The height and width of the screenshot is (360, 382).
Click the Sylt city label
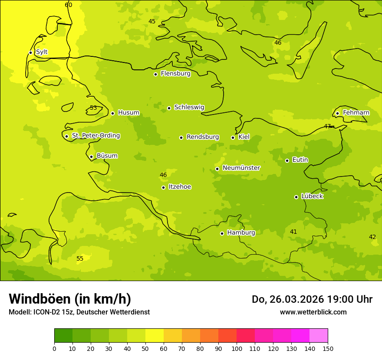click(42, 52)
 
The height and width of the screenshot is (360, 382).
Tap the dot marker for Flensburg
click(155, 74)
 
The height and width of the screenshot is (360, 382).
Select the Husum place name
click(128, 113)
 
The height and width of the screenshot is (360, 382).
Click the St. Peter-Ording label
click(96, 136)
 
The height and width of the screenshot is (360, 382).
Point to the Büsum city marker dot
click(91, 157)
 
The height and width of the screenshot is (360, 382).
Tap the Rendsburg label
click(203, 137)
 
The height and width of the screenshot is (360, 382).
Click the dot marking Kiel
click(233, 137)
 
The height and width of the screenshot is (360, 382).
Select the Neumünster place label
click(241, 168)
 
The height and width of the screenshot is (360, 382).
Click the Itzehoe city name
click(180, 187)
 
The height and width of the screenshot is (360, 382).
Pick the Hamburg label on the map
click(241, 232)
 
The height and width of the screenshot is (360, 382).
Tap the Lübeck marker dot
click(296, 197)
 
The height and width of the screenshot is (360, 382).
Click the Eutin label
click(300, 160)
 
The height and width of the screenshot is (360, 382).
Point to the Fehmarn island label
click(356, 113)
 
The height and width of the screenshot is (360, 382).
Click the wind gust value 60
click(69, 5)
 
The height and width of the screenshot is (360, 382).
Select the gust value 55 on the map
click(80, 259)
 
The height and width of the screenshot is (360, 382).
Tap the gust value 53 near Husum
click(93, 108)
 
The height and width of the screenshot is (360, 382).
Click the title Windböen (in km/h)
click(70, 299)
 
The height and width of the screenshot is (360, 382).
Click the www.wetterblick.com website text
click(313, 312)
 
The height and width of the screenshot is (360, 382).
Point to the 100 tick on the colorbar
click(237, 348)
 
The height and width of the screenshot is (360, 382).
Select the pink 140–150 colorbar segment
click(319, 336)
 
